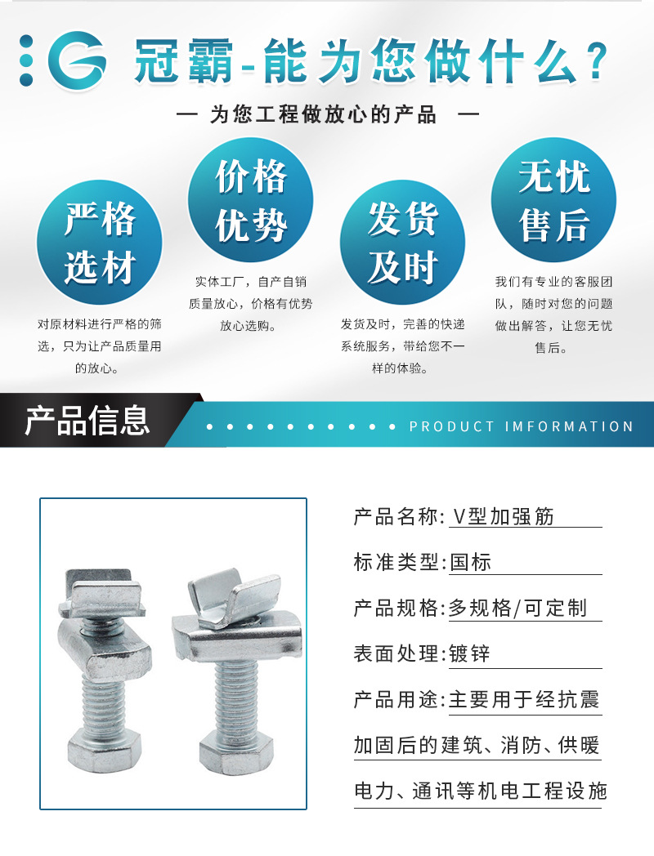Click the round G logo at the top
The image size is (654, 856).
coord(77,60)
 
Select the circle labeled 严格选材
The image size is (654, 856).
coord(99,243)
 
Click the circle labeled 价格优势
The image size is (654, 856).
coord(251,200)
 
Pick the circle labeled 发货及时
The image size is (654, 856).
coord(402,243)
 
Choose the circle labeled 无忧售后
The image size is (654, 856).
coord(553,200)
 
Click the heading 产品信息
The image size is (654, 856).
coord(87,421)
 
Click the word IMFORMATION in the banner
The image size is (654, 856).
coord(570,426)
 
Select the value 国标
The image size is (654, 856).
coord(471,562)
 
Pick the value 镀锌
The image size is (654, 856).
coord(471,654)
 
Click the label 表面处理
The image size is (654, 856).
coord(398,654)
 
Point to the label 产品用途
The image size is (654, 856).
coord(398,700)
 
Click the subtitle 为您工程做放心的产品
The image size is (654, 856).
coord(324,114)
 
